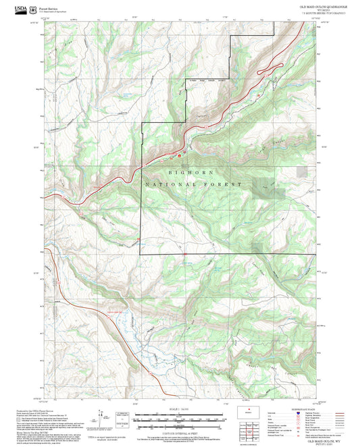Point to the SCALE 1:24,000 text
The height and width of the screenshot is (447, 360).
[x=180, y=409]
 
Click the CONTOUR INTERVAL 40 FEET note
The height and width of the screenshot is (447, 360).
[x=180, y=433]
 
